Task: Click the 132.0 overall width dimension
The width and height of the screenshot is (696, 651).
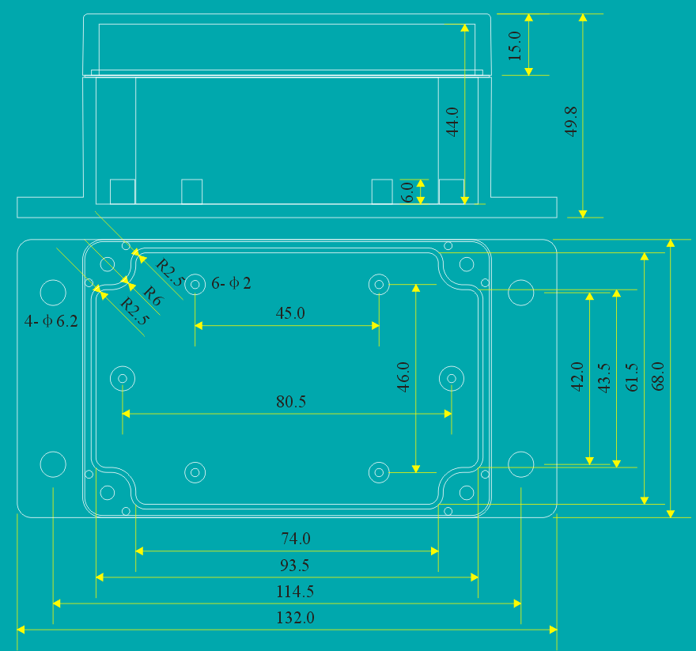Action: point(295,618)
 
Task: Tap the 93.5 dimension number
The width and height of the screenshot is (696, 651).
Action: point(294,565)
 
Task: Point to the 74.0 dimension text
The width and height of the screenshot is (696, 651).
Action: point(296,539)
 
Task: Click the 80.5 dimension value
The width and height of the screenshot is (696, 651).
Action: point(291,402)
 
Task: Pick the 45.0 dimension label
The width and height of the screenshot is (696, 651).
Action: point(290,312)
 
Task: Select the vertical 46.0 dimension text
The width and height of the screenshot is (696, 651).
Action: point(403,377)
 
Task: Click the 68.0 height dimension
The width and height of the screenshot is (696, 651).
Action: point(657,377)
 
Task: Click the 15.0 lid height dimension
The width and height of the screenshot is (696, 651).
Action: point(515,46)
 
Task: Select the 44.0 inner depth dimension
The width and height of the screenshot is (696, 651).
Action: point(452,122)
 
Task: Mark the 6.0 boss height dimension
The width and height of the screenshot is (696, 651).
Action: point(407,192)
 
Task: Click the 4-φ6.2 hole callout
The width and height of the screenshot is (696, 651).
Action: point(51,322)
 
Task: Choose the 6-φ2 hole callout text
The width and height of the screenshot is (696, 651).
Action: point(231,283)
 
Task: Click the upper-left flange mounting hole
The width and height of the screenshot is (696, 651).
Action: point(53,293)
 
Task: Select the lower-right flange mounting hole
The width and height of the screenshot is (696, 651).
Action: point(520,464)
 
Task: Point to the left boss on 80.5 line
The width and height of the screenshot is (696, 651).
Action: point(123,379)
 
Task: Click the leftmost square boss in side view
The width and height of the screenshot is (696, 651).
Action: point(122,191)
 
